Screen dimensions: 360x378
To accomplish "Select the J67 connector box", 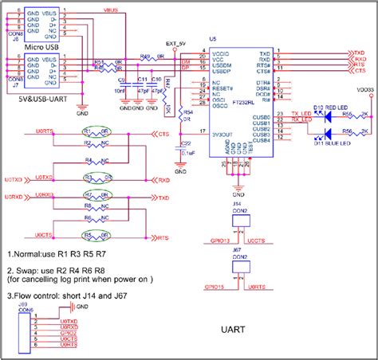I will (x=238, y=269).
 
